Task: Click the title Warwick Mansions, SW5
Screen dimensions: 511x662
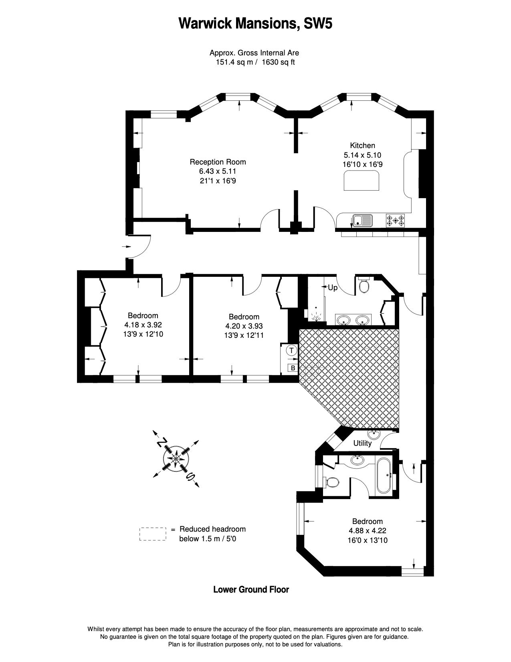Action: coord(255,24)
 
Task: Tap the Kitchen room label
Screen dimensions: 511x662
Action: coord(362,145)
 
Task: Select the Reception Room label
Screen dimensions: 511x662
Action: coord(218,162)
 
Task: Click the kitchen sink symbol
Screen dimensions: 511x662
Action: coord(362,220)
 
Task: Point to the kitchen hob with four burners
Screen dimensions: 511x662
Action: coord(395,220)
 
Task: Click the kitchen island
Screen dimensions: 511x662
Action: coord(362,181)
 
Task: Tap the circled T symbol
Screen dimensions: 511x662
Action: coord(292,350)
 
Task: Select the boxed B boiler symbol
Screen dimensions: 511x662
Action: coord(293,368)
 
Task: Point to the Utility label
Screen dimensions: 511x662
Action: coord(362,443)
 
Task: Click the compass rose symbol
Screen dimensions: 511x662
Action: coord(176,457)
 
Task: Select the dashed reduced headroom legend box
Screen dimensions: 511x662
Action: coord(153,534)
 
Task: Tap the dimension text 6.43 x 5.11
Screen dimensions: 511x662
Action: coord(218,171)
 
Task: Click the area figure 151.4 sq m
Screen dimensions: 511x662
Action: coord(234,63)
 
